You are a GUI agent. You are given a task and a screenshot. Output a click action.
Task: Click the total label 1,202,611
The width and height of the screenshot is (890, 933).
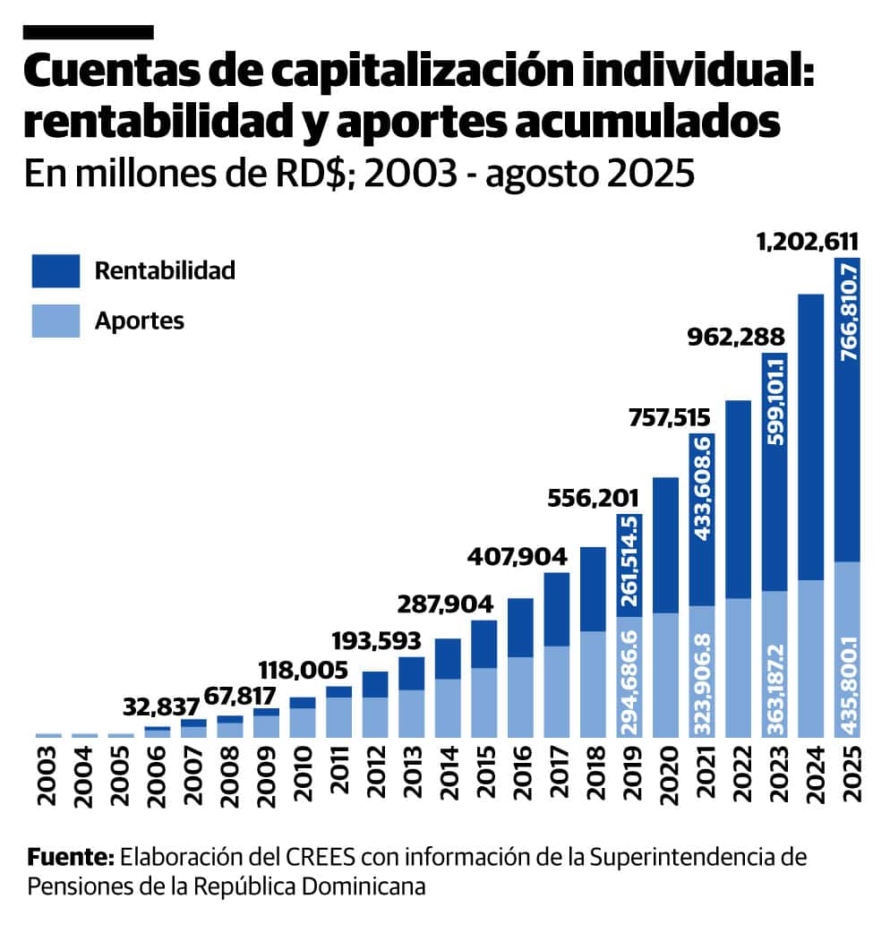[808, 241]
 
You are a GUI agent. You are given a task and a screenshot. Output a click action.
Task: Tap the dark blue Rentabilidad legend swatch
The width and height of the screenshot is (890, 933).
[56, 270]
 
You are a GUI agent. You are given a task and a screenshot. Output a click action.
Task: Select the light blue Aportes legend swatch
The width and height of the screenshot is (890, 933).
[56, 321]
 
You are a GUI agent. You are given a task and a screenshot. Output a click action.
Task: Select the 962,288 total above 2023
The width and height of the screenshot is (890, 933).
[736, 338]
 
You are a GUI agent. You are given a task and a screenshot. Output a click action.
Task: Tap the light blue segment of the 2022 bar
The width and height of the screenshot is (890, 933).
[738, 667]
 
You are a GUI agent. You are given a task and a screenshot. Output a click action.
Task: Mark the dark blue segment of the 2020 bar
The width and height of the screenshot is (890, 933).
[665, 545]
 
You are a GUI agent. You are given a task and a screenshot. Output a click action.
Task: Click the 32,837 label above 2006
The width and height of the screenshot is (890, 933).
[159, 709]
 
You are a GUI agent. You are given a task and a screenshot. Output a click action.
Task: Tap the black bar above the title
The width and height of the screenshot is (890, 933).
[89, 31]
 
